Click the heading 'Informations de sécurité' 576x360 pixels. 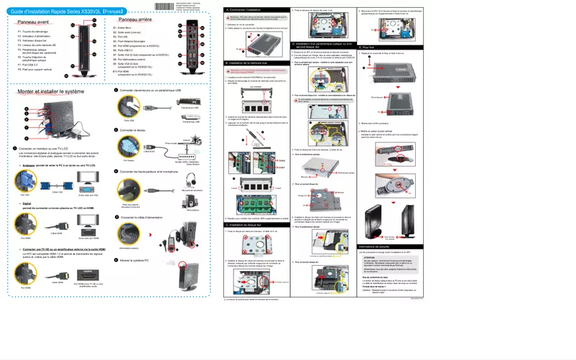pos(382,246)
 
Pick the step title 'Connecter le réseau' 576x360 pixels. pos(137,130)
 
